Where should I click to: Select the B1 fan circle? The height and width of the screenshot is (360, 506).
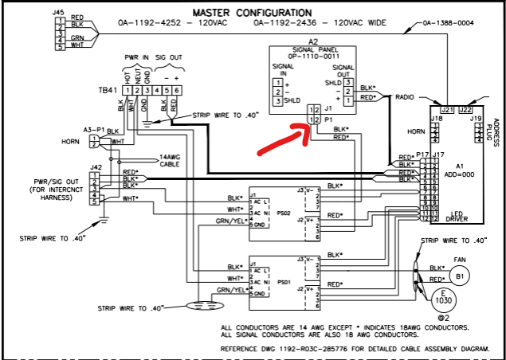(x=461, y=276)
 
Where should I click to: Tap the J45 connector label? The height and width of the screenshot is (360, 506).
(x=58, y=12)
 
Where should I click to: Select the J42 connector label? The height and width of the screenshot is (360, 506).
(x=96, y=167)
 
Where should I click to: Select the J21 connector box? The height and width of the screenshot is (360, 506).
(x=446, y=110)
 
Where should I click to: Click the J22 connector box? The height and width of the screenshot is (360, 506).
(x=465, y=110)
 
